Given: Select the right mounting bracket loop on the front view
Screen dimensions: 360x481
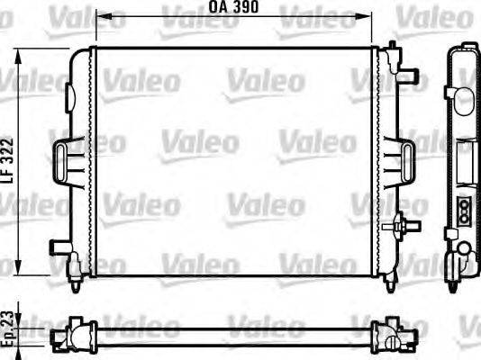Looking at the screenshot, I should point(400,160).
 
